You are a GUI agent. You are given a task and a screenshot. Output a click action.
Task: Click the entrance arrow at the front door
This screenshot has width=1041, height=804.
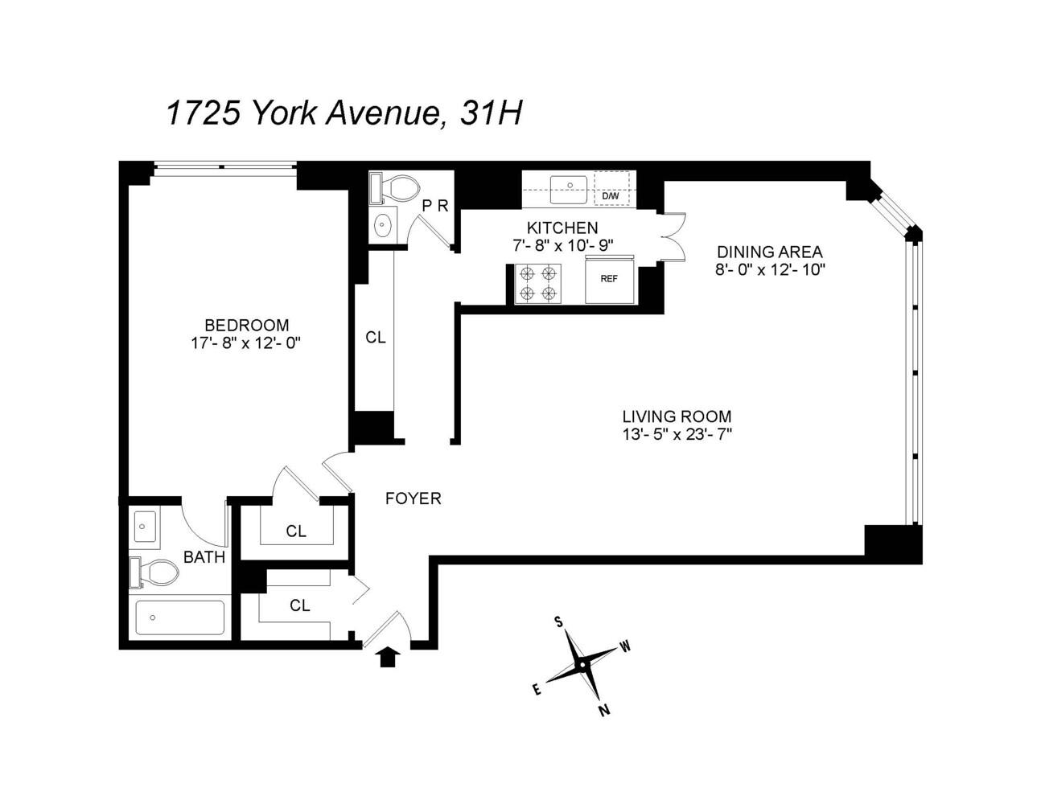click(389, 657)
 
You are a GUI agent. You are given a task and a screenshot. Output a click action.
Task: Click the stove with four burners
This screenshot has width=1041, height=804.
click(538, 283)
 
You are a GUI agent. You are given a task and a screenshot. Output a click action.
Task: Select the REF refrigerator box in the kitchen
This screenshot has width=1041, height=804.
click(610, 279)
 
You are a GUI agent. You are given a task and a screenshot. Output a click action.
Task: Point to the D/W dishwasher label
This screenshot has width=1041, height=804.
click(611, 196)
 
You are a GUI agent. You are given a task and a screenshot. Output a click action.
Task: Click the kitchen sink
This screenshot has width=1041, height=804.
click(569, 188)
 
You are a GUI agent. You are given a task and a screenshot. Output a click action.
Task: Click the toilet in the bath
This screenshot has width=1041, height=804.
click(154, 572)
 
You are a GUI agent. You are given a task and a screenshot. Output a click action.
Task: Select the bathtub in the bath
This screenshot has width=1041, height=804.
click(180, 617)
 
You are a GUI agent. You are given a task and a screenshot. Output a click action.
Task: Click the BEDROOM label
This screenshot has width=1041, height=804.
click(246, 326)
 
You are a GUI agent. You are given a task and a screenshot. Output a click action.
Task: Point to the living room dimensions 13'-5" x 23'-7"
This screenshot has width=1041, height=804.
click(677, 434)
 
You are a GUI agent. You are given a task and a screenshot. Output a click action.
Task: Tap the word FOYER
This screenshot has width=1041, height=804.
click(413, 498)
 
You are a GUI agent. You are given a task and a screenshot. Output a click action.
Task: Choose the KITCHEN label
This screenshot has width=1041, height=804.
click(562, 228)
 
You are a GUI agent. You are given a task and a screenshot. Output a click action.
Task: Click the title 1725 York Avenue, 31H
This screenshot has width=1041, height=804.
click(344, 113)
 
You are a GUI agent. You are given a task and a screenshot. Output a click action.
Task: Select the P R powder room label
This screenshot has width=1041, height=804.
click(435, 206)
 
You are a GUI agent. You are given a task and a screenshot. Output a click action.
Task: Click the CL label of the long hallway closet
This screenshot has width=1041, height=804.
click(375, 338)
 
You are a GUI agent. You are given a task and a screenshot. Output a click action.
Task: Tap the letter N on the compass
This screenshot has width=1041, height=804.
click(604, 709)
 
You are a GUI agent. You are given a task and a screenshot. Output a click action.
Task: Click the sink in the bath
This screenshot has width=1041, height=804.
click(145, 527)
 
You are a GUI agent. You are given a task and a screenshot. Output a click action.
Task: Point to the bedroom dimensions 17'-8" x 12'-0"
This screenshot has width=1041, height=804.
click(246, 343)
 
